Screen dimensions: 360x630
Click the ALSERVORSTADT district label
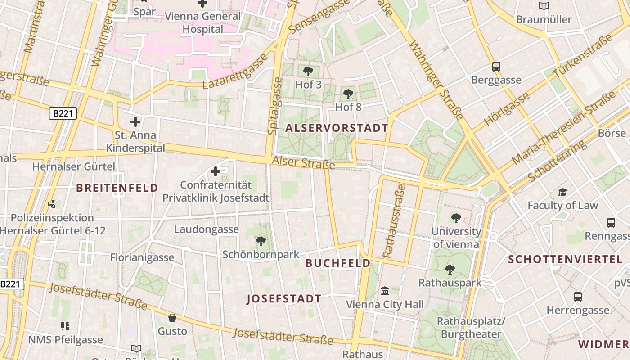click(x=337, y=128)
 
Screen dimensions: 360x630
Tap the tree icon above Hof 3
click(x=308, y=71)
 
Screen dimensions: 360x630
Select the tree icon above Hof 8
click(x=348, y=94)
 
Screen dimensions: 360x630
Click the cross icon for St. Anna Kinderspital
click(x=135, y=121)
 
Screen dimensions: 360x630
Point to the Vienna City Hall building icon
click(x=385, y=291)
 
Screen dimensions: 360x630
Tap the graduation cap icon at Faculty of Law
click(x=562, y=193)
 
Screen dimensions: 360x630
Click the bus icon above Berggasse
click(x=496, y=67)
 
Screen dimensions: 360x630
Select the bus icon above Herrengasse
click(x=578, y=297)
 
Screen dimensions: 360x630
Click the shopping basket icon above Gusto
click(x=172, y=318)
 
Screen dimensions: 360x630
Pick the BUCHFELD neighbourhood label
click(x=338, y=263)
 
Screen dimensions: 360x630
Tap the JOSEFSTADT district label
click(x=284, y=299)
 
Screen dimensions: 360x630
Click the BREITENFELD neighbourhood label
click(x=117, y=188)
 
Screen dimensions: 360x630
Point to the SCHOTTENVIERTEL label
click(x=565, y=260)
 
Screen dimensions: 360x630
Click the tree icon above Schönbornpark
click(x=261, y=241)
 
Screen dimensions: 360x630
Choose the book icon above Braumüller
click(x=544, y=6)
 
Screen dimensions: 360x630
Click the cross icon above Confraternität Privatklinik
click(x=216, y=171)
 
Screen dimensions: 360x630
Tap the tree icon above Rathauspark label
click(x=450, y=270)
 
